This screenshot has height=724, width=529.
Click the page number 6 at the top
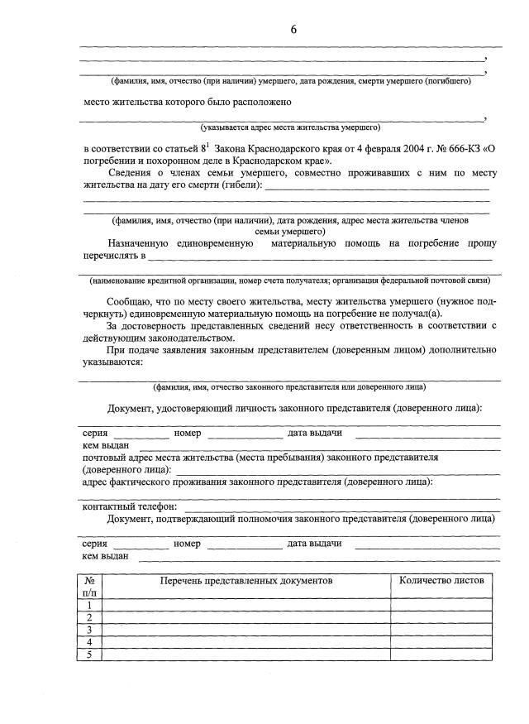coord(293,30)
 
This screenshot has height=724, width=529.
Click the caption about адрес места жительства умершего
coord(290,128)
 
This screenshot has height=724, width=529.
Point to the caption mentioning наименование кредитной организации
coord(290,280)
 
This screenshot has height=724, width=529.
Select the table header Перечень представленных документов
coord(245,581)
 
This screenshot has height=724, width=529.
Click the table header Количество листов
coord(441,581)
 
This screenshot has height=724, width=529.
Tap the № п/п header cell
coord(89,587)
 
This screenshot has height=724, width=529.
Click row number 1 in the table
coord(89,605)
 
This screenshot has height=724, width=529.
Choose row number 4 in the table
coord(89,642)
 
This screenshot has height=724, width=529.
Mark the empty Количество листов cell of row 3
coord(441,630)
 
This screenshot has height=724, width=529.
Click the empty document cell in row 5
coord(245,654)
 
